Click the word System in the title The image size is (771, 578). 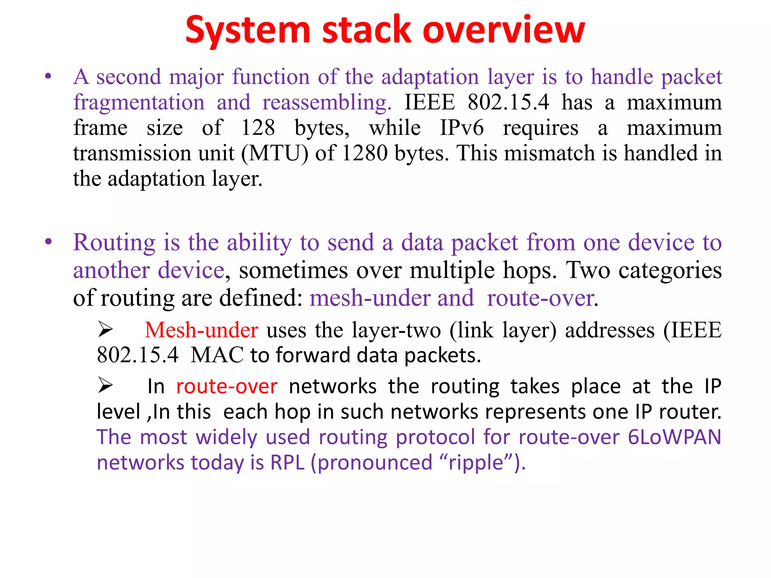tap(248, 30)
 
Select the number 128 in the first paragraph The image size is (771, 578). tap(258, 128)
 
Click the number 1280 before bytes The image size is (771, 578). tap(365, 154)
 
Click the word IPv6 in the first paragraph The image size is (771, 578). tap(462, 128)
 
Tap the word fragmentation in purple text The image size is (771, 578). tap(139, 102)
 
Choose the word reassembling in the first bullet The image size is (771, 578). tap(327, 102)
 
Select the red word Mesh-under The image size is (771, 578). tap(201, 330)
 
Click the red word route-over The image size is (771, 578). tap(227, 386)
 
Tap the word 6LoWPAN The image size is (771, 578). tap(674, 437)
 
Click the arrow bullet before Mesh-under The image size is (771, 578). tap(105, 329)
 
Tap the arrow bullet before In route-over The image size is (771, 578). tap(105, 385)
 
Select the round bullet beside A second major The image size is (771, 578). tap(48, 77)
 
